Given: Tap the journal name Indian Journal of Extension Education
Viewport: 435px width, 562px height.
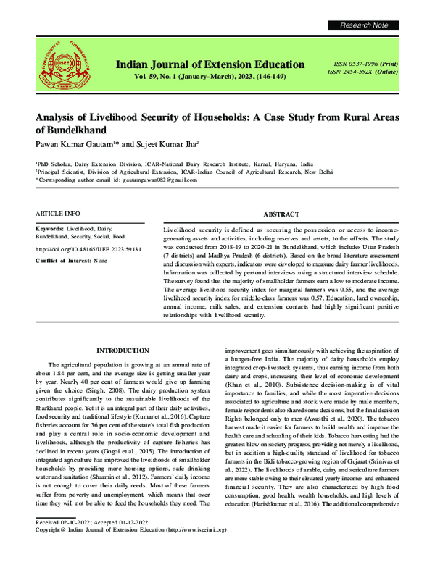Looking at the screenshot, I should pos(210,64).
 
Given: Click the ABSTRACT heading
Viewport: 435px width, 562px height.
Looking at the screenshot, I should pos(281,215).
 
